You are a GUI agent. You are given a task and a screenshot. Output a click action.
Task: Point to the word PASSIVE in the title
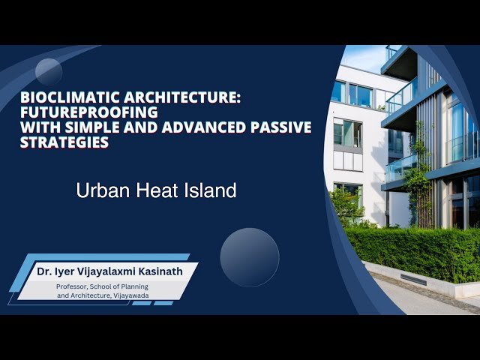279,127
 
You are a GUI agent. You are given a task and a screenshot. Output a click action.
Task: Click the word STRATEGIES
64,142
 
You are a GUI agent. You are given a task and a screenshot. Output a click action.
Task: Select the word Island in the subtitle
209,191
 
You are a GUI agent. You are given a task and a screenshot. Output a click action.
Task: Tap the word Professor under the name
77,286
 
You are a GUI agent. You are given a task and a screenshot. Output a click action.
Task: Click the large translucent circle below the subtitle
250,257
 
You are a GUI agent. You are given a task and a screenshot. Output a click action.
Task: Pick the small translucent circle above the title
49,72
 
